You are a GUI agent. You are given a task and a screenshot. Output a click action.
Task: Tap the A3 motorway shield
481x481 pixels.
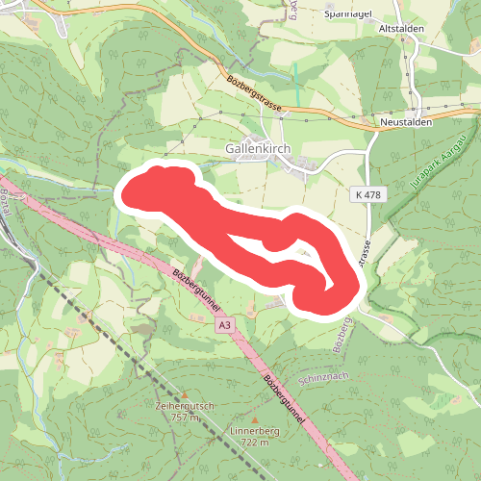click(224, 326)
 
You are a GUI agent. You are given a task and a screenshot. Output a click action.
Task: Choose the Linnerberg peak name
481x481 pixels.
click(254, 432)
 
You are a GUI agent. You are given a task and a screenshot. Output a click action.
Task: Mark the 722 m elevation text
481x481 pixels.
click(254, 443)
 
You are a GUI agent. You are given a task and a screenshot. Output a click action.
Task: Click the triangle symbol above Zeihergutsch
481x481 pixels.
click(183, 393)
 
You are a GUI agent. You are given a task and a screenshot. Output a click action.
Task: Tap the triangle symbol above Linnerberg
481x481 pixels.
click(254, 419)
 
